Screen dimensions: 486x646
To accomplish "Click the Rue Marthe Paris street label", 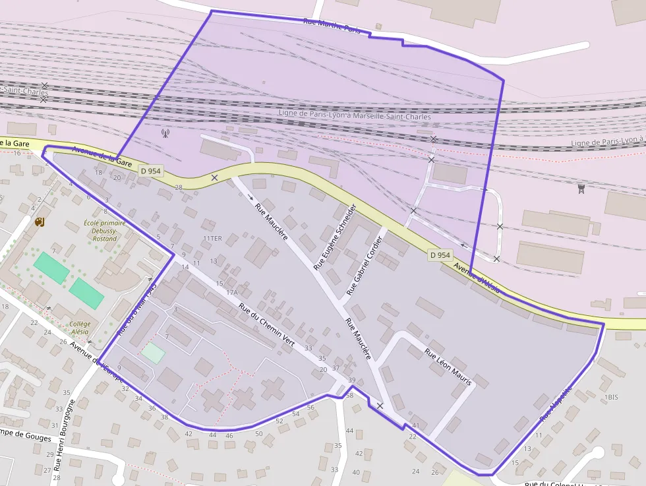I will (x=332, y=26).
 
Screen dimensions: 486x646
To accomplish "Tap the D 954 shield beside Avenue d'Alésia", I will (x=440, y=255).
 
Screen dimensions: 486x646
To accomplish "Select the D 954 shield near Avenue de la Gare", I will (x=150, y=171).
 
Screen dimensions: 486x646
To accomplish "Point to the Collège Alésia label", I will (x=79, y=328).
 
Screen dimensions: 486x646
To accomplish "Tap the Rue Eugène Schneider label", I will (x=335, y=237).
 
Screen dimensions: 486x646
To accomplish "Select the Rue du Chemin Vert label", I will (x=266, y=325).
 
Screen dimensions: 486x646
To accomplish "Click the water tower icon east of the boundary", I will (x=581, y=189).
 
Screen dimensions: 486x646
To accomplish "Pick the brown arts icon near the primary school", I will (x=40, y=222).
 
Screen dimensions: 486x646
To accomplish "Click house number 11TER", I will (x=212, y=238).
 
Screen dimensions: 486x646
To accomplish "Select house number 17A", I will (x=231, y=292).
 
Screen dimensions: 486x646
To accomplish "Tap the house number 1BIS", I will (x=612, y=397).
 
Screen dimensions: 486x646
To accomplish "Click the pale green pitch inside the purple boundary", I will (x=153, y=353).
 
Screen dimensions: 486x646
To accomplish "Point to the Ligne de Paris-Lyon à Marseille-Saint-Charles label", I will (x=355, y=116).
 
